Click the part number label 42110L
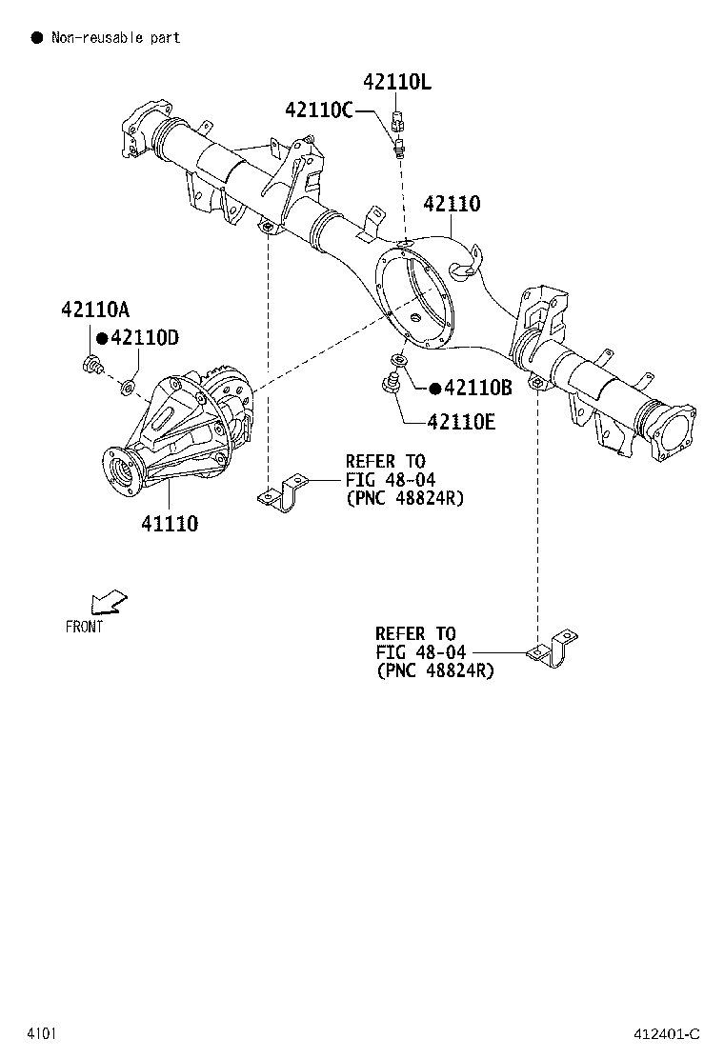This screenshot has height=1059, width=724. (396, 83)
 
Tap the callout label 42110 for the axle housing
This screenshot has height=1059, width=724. (452, 204)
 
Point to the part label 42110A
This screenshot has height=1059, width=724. (95, 310)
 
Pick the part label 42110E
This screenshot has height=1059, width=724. (461, 421)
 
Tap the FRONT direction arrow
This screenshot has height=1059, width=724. (108, 601)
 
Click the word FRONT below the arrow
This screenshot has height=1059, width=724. (85, 627)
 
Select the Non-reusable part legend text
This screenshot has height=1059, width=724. (115, 37)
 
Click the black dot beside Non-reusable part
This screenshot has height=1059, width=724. (37, 37)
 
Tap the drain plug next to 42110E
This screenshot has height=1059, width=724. (390, 386)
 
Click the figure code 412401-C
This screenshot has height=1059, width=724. (667, 1033)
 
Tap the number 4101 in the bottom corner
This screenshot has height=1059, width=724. (41, 1033)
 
